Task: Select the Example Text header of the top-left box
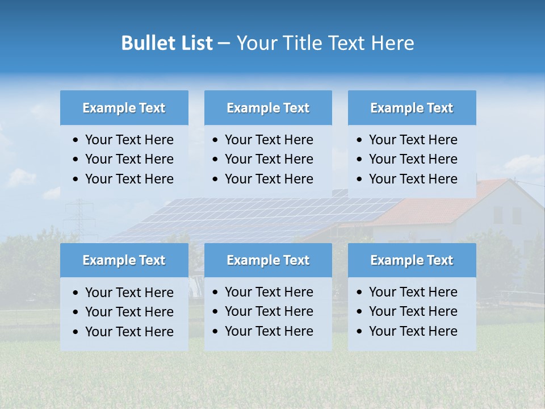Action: pos(124,108)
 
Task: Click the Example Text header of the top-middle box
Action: pos(268,108)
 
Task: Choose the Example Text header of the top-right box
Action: pos(412,108)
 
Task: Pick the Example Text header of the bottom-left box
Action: pos(124,260)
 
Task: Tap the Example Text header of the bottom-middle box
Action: pos(268,260)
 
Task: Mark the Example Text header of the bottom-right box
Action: pos(412,260)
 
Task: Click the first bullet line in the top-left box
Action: pos(129,140)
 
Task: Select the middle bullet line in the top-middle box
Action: pos(269,159)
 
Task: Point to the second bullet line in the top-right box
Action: pos(413,159)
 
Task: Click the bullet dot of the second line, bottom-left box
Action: pos(76,312)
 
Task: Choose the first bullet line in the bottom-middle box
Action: pos(269,292)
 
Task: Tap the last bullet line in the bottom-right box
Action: pos(413,331)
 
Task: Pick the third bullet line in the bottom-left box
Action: pos(129,332)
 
